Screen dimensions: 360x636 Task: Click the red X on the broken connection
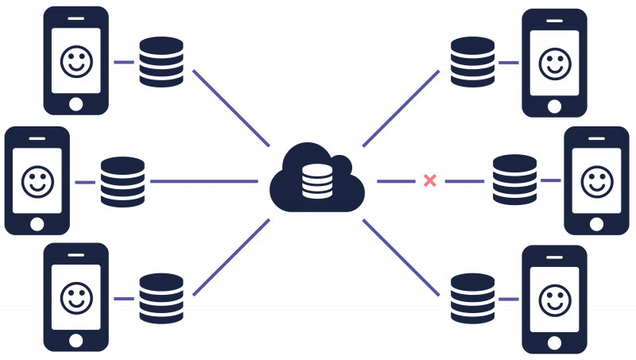pyautogui.click(x=429, y=180)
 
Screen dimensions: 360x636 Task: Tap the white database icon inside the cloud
pyautogui.click(x=317, y=182)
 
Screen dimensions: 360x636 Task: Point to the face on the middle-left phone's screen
pyautogui.click(x=37, y=181)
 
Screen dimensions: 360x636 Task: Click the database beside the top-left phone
pyautogui.click(x=161, y=61)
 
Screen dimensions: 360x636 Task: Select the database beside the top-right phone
pyautogui.click(x=472, y=61)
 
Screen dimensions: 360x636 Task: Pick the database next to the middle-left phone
pyautogui.click(x=122, y=182)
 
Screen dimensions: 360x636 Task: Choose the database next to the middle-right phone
pyautogui.click(x=514, y=181)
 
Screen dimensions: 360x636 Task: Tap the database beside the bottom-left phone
pyautogui.click(x=161, y=299)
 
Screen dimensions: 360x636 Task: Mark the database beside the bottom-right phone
pyautogui.click(x=472, y=299)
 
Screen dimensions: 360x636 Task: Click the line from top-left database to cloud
pyautogui.click(x=231, y=107)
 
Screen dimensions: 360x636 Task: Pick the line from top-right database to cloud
pyautogui.click(x=401, y=107)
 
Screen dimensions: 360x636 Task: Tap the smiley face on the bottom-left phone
pyautogui.click(x=76, y=299)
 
